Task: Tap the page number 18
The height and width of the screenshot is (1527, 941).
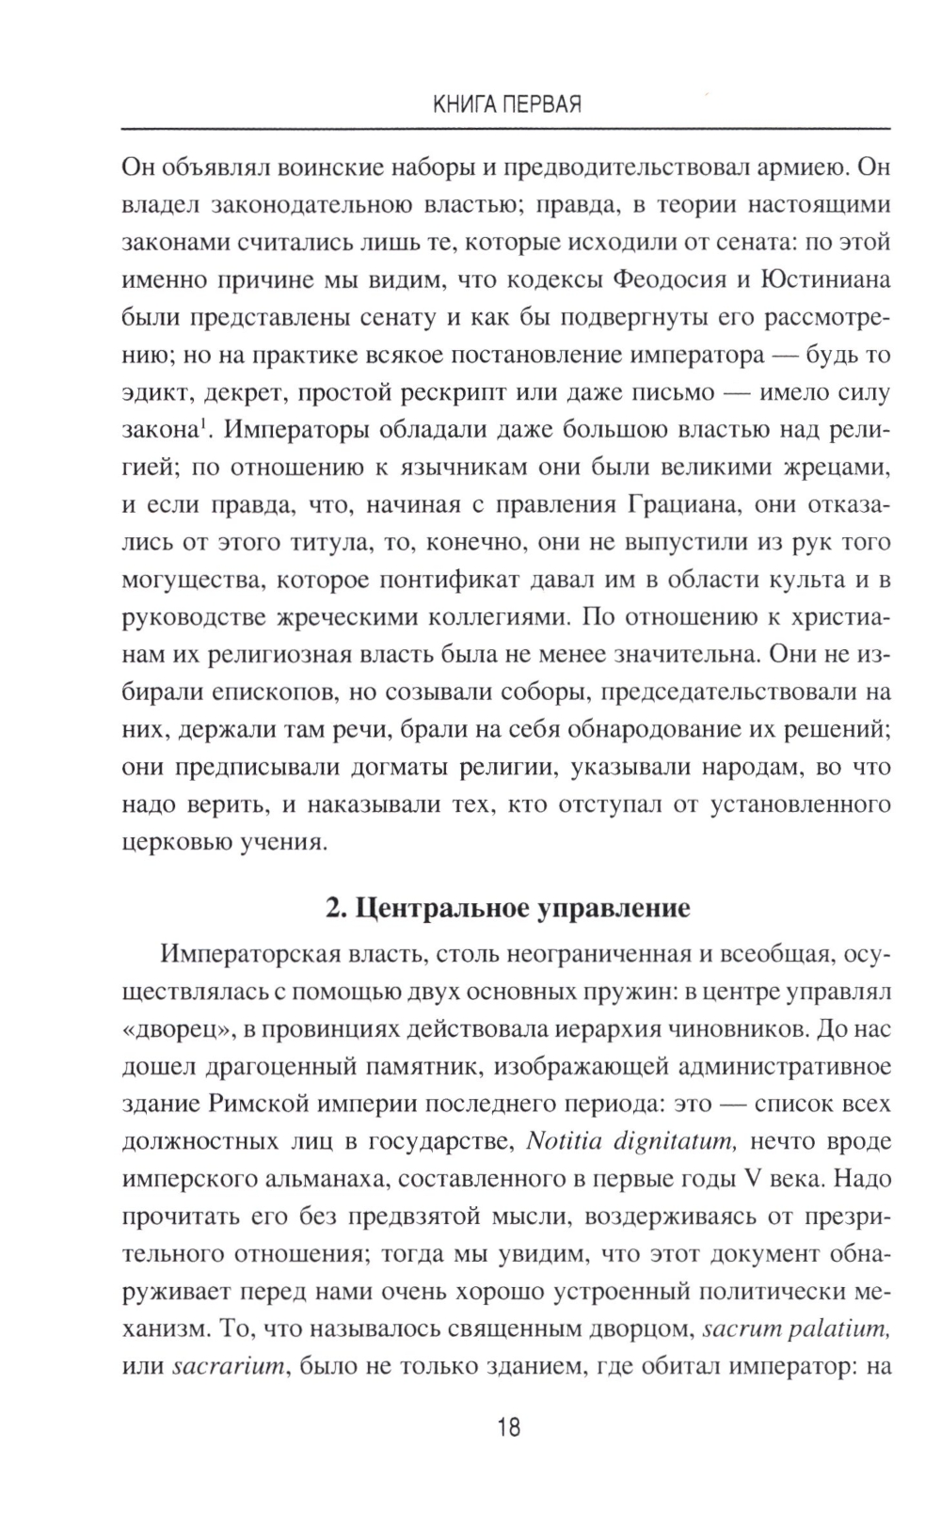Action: (x=507, y=1427)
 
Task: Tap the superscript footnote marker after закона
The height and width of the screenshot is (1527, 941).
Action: (x=202, y=425)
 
